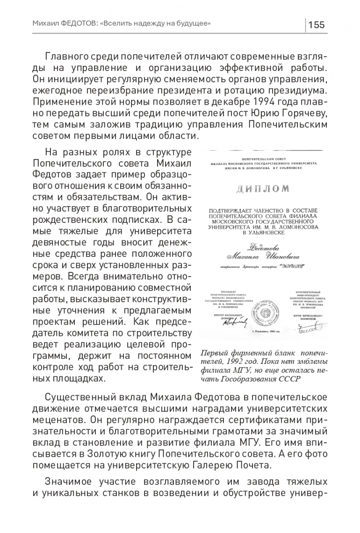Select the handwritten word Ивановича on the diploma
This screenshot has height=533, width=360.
pyautogui.click(x=281, y=256)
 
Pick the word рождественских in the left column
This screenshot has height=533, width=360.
pyautogui.click(x=68, y=219)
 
